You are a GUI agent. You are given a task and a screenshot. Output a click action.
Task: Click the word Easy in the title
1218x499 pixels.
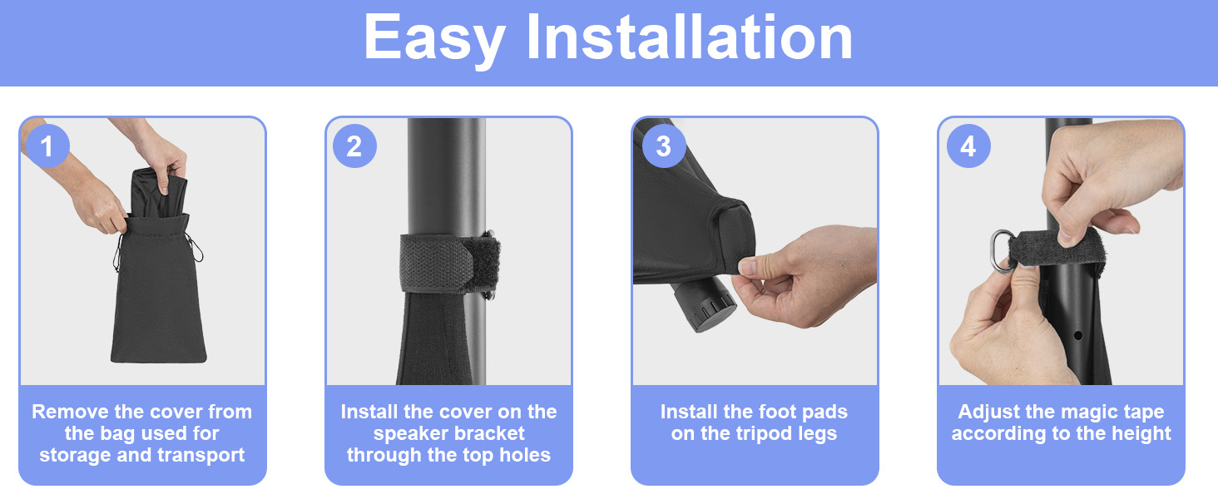pyautogui.click(x=435, y=39)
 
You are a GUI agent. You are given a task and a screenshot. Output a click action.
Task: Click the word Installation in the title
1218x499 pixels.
pyautogui.click(x=689, y=37)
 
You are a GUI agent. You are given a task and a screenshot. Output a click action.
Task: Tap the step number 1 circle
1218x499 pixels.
pyautogui.click(x=47, y=146)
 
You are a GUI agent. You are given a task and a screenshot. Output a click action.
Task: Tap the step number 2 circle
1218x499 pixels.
pyautogui.click(x=354, y=146)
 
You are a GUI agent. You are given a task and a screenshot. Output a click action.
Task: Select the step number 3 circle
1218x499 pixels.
pyautogui.click(x=663, y=146)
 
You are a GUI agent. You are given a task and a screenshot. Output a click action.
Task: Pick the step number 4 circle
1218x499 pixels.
pyautogui.click(x=968, y=146)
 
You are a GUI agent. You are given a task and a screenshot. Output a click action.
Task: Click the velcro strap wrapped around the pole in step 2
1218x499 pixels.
pyautogui.click(x=450, y=262)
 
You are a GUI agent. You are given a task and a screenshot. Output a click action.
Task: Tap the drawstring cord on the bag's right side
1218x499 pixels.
pyautogui.click(x=195, y=247)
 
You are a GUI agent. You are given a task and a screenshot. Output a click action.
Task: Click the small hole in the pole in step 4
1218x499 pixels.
pyautogui.click(x=1077, y=335)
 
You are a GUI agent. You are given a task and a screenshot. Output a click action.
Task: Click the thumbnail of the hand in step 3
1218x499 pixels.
pyautogui.click(x=748, y=266)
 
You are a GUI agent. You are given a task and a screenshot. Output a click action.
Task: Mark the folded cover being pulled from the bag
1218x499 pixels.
pyautogui.click(x=159, y=193)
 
